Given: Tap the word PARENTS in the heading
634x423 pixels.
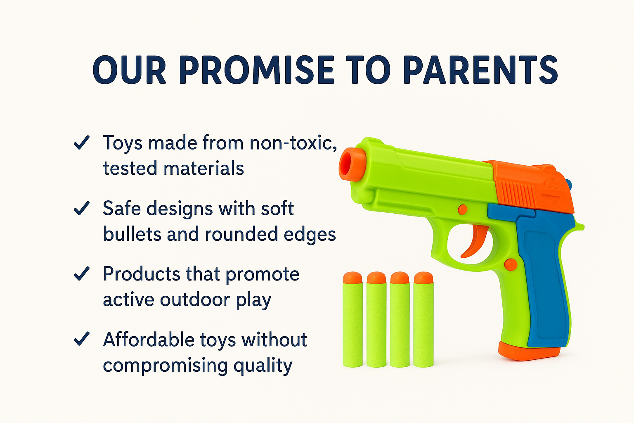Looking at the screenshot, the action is point(480,70).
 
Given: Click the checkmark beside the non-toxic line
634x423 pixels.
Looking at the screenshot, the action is point(81,143).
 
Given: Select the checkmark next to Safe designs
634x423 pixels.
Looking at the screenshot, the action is point(81,208).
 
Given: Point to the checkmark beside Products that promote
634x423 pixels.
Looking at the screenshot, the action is point(81,274).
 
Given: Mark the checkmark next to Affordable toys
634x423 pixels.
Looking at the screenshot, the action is point(81,339).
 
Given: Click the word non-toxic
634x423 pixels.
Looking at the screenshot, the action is point(293,143).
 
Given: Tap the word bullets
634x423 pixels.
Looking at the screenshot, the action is point(132,234).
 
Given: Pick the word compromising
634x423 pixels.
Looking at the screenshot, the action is point(165,366).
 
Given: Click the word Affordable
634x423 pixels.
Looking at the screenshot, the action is point(149,340).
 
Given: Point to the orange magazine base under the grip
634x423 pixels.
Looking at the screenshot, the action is point(529,351).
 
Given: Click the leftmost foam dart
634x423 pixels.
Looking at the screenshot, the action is point(352,320).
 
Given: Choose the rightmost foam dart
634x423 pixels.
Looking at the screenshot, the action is point(423,320).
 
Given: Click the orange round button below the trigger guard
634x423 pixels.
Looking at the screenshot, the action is point(510,264).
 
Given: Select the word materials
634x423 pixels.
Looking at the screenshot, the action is point(204,168).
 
